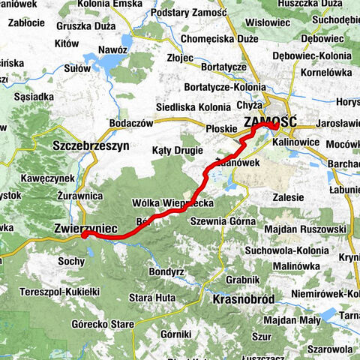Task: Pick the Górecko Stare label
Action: (102, 325)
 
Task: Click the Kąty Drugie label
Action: (176, 150)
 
